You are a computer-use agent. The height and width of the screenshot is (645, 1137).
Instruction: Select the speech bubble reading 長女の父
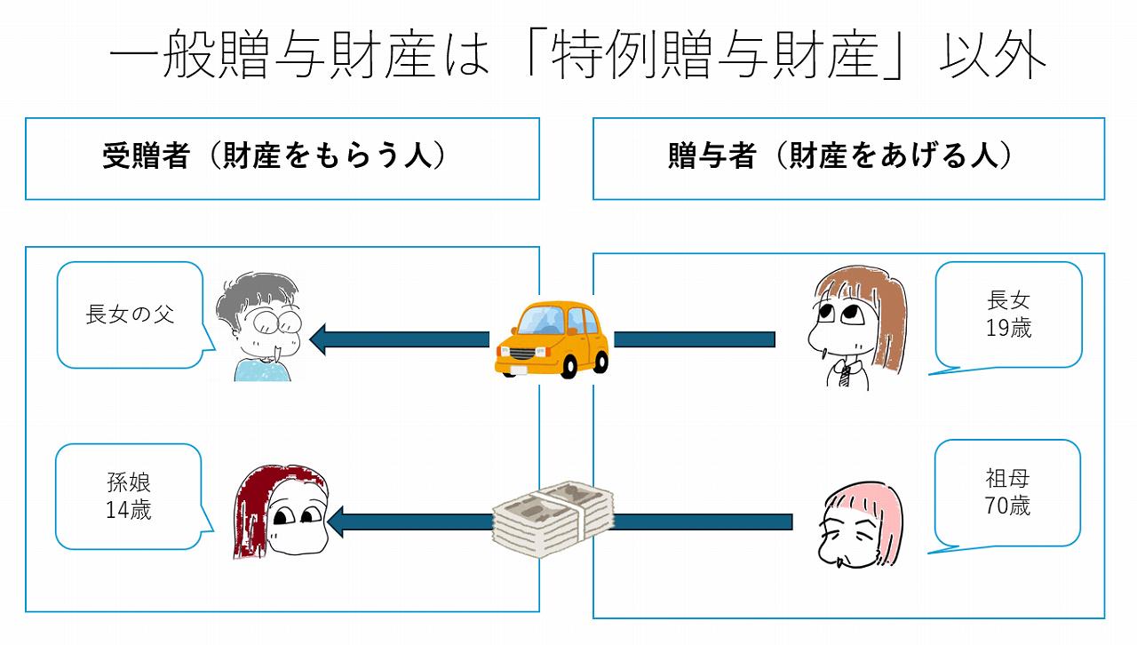pos(130,315)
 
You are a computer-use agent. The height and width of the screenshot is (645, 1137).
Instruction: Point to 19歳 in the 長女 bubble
pos(1008,327)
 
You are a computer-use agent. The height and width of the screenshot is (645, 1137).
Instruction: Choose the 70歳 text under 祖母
pos(1007,506)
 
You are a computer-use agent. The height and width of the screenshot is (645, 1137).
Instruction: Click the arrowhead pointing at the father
pos(322,338)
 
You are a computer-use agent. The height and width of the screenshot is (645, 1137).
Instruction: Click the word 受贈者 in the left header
pos(146,157)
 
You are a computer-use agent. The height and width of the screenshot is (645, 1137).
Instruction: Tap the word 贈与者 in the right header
pos(712,157)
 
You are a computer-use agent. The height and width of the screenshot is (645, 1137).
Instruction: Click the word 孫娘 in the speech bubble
pos(129,484)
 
